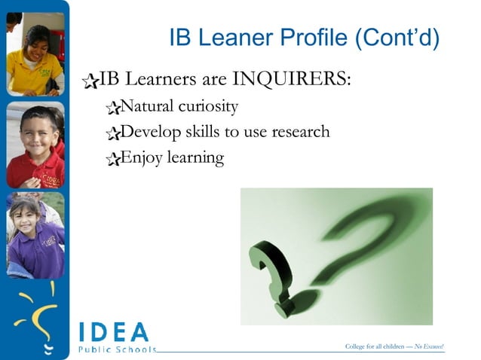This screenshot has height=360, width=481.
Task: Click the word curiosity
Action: coord(209,106)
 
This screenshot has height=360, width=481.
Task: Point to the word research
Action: coord(294,132)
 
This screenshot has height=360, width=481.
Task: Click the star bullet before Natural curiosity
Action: coord(114,108)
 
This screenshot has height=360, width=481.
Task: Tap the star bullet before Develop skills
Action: coord(114,134)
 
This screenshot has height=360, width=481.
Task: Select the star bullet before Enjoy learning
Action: coord(114,159)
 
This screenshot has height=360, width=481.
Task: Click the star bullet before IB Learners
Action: coord(91,80)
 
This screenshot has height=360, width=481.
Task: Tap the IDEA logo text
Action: coord(114,331)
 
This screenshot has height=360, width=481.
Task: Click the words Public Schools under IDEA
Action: coord(117,349)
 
